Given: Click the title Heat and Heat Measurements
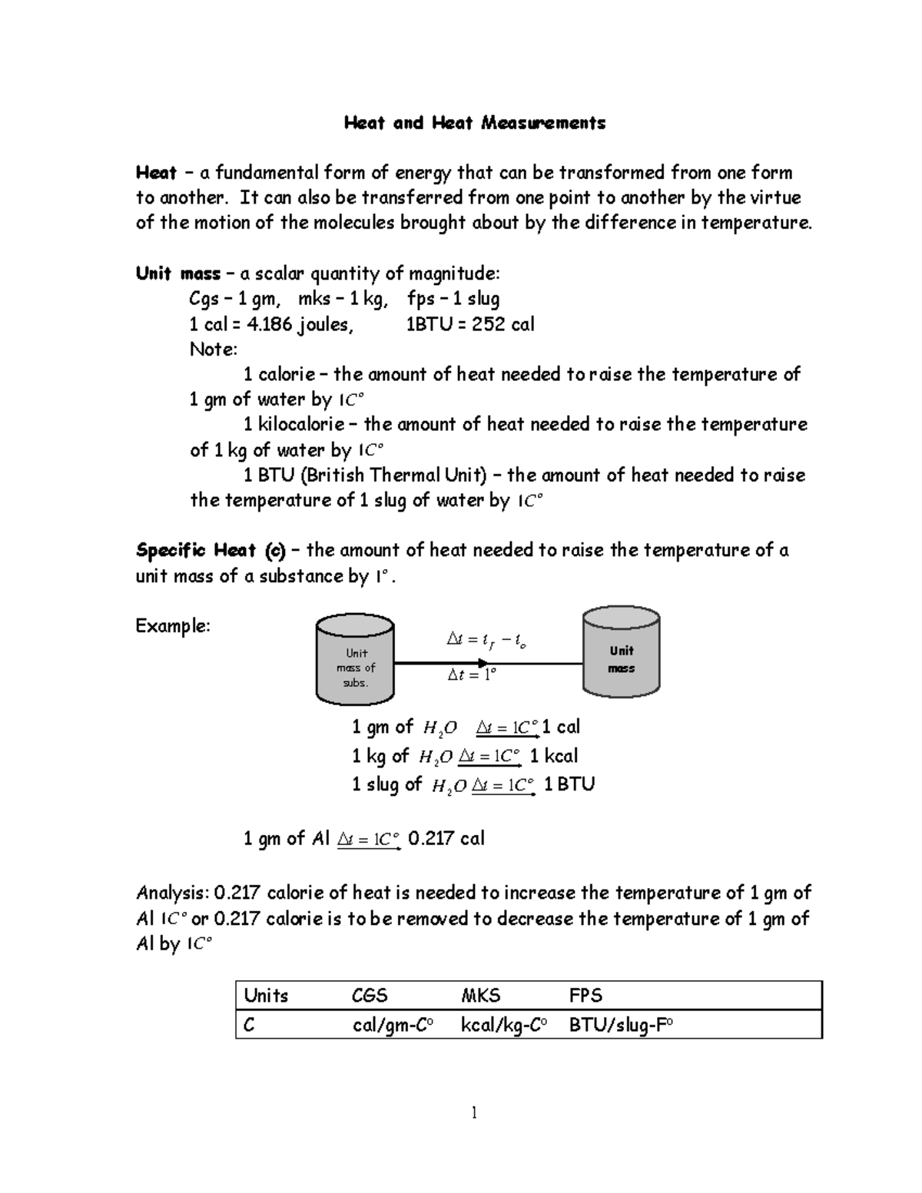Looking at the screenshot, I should tap(474, 123).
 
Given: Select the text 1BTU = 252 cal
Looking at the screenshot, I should tap(469, 324).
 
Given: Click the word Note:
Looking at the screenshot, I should tap(214, 350).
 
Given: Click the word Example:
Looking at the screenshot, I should tap(173, 626).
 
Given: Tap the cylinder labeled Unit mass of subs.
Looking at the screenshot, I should tap(355, 665).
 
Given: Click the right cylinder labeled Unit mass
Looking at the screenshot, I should tap(621, 651).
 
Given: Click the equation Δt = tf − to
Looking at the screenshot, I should tap(486, 640).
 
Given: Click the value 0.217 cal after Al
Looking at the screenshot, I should tap(446, 838).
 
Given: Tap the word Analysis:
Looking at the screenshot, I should tap(172, 893).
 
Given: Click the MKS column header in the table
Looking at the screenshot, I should tap(480, 996).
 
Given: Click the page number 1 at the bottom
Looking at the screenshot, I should tap(474, 1112).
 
